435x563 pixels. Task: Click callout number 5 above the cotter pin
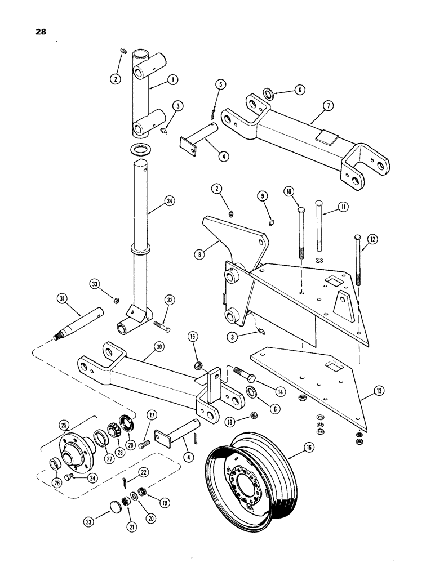(220, 84)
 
